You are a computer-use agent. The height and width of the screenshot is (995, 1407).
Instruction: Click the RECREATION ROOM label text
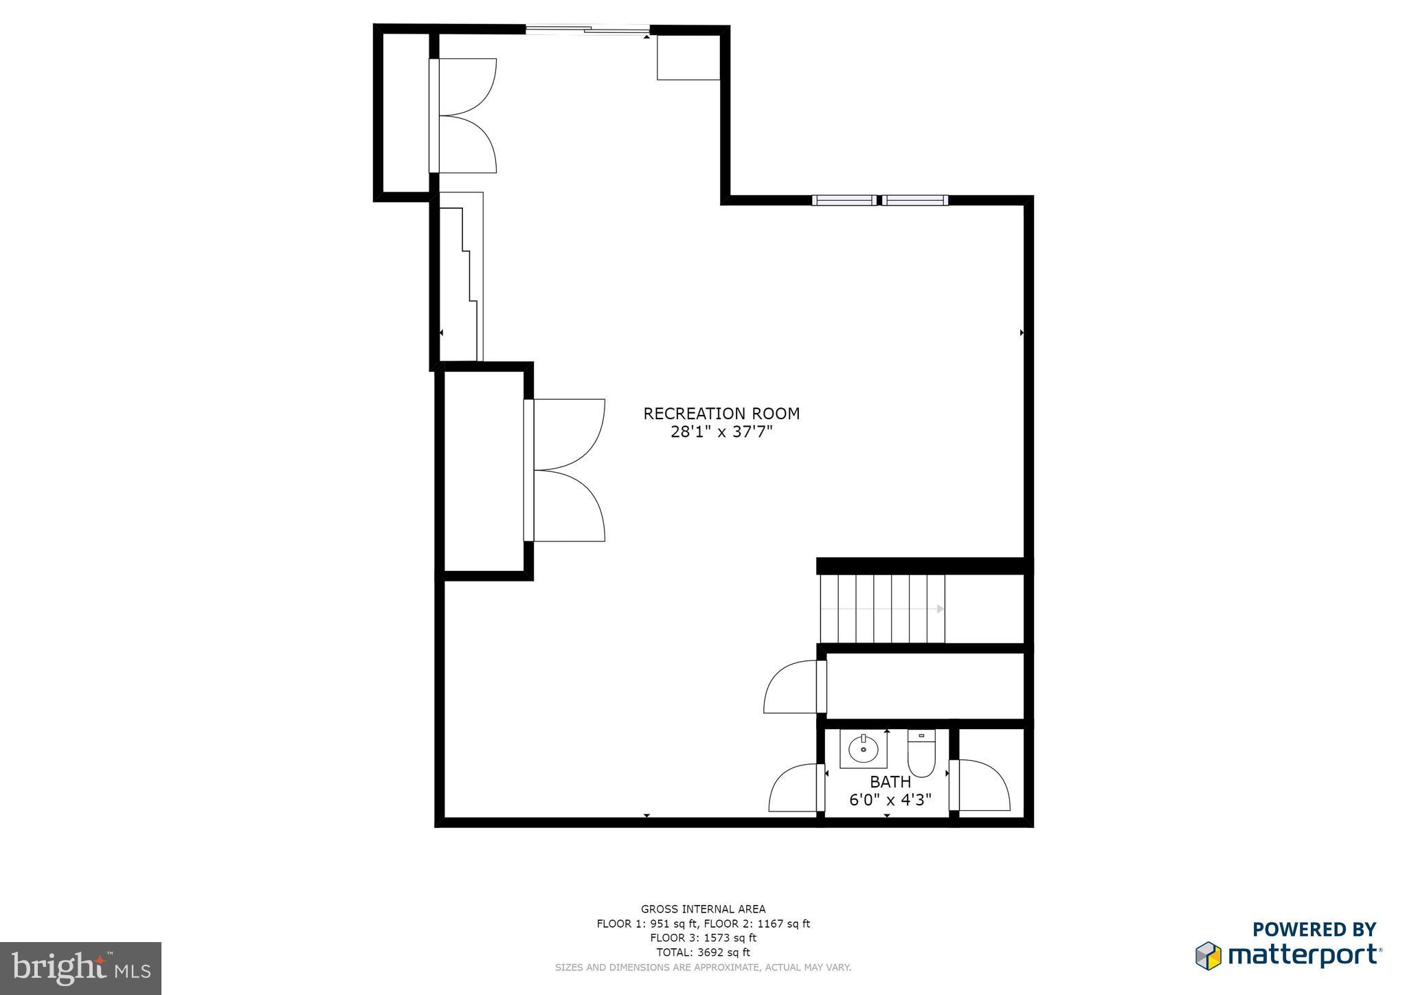coord(721,414)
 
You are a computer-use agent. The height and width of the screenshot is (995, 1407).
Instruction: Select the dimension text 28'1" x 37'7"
coord(721,432)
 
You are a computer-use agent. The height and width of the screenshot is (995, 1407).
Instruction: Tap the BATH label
coord(890,782)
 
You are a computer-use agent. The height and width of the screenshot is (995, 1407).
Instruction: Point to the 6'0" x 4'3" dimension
coord(890,801)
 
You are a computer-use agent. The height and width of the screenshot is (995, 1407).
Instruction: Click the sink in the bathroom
coord(863,750)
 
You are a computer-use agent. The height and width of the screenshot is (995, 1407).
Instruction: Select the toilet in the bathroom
coord(921,754)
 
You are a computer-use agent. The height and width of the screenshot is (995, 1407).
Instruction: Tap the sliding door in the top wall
coord(588,30)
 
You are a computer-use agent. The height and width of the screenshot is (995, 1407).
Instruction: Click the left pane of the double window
coord(844,201)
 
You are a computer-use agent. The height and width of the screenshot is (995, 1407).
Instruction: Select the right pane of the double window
coord(915,201)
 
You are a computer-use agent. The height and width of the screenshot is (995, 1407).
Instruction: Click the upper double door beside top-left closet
coord(464,115)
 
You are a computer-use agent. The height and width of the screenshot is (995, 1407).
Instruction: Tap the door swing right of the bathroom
coord(982,785)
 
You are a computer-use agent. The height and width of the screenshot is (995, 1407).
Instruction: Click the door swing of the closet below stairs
coord(792,686)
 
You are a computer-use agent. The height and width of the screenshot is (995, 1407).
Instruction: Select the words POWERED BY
coord(1314,929)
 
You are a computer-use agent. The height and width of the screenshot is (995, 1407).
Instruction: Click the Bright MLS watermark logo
coord(81,968)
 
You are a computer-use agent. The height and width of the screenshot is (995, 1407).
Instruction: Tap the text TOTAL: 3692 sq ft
coord(703,952)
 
